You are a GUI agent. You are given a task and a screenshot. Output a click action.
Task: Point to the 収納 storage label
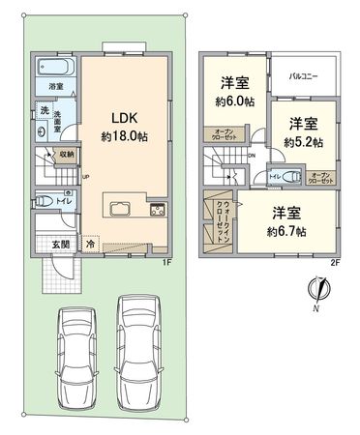66,153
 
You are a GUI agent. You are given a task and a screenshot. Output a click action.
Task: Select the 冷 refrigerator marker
91,246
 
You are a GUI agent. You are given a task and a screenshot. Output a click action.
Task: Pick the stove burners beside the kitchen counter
156,211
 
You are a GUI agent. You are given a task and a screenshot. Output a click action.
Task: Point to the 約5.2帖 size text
302,141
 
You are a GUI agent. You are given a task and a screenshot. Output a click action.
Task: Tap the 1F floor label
166,260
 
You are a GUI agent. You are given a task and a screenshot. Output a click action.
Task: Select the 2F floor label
336,260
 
